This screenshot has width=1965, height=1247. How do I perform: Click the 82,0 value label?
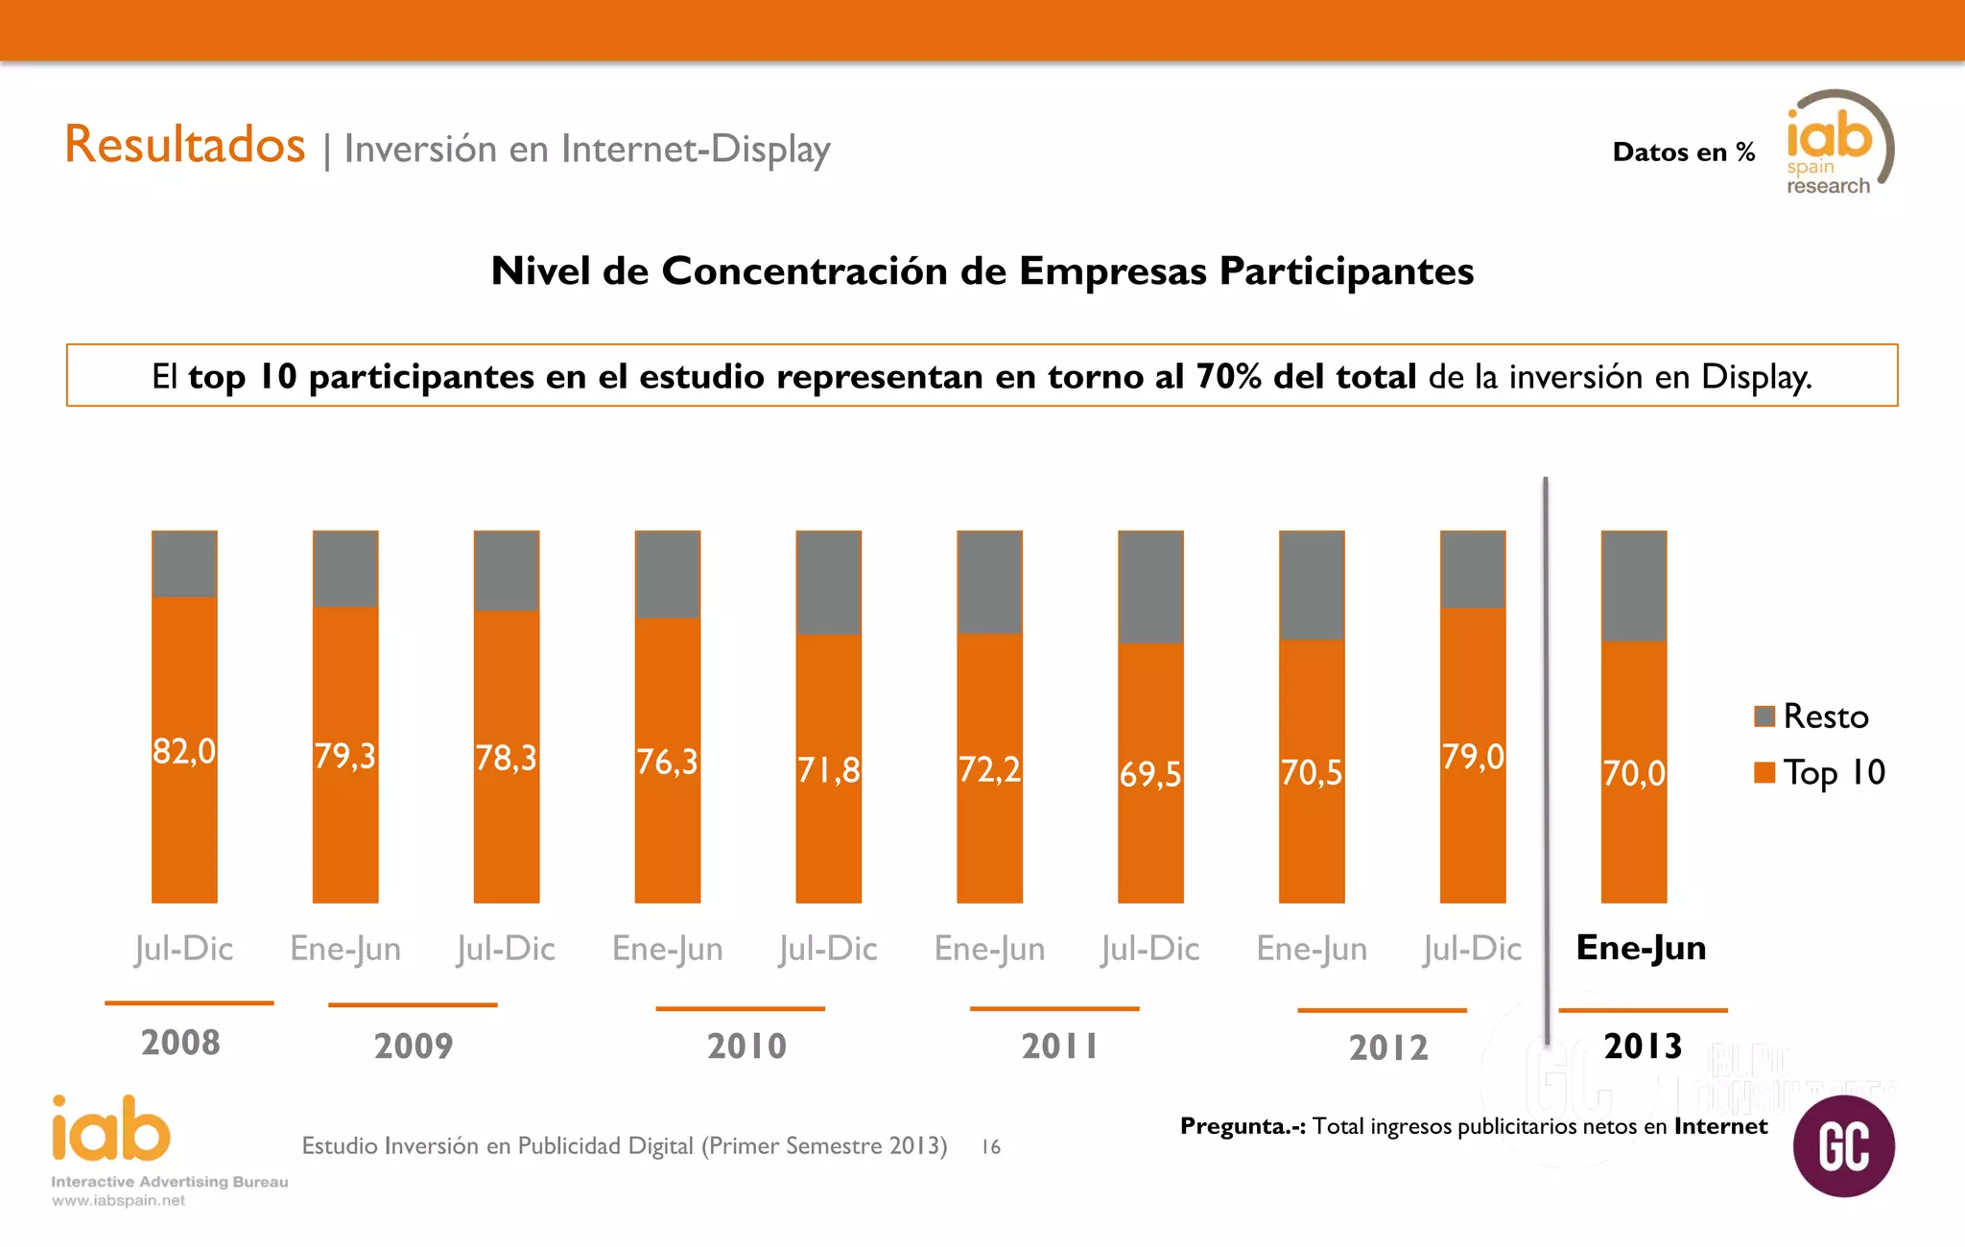(184, 751)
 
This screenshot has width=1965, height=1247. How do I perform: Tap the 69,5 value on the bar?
(1150, 774)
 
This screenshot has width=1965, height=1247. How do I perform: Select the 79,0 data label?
(1473, 757)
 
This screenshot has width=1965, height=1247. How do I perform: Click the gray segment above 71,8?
(829, 582)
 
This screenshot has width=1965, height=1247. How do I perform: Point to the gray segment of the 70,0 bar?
(1634, 585)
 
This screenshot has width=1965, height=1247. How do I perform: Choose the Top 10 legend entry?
(1819, 772)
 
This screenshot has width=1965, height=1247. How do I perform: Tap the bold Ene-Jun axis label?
(1641, 948)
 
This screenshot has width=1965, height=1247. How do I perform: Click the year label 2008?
(180, 1043)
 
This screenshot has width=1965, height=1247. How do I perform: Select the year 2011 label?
(1059, 1046)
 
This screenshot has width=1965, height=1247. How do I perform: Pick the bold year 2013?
(1643, 1046)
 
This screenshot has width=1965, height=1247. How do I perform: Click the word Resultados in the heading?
(185, 145)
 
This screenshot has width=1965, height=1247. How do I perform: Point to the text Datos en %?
(1683, 152)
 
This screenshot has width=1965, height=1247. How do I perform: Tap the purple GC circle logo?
(1843, 1146)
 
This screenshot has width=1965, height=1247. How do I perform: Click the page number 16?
(991, 1146)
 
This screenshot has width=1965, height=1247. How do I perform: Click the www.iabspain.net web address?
(118, 1201)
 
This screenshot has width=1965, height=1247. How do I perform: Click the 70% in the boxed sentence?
(1228, 376)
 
